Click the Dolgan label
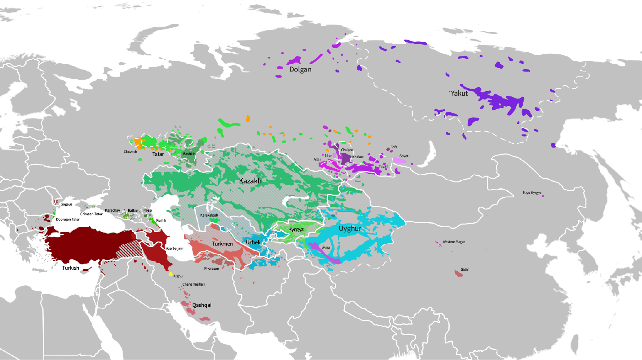300,69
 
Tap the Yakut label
459,94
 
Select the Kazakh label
250,181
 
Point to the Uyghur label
350,229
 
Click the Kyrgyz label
296,230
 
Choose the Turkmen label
222,244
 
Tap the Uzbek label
253,242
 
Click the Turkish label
71,268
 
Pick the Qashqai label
202,305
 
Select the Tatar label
158,154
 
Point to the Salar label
465,270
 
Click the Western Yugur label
454,242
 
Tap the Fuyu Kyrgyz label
532,193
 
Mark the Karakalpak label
209,215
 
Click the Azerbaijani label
175,248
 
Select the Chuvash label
130,152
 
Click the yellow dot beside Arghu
171,274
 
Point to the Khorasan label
212,268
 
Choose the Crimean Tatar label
91,214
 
